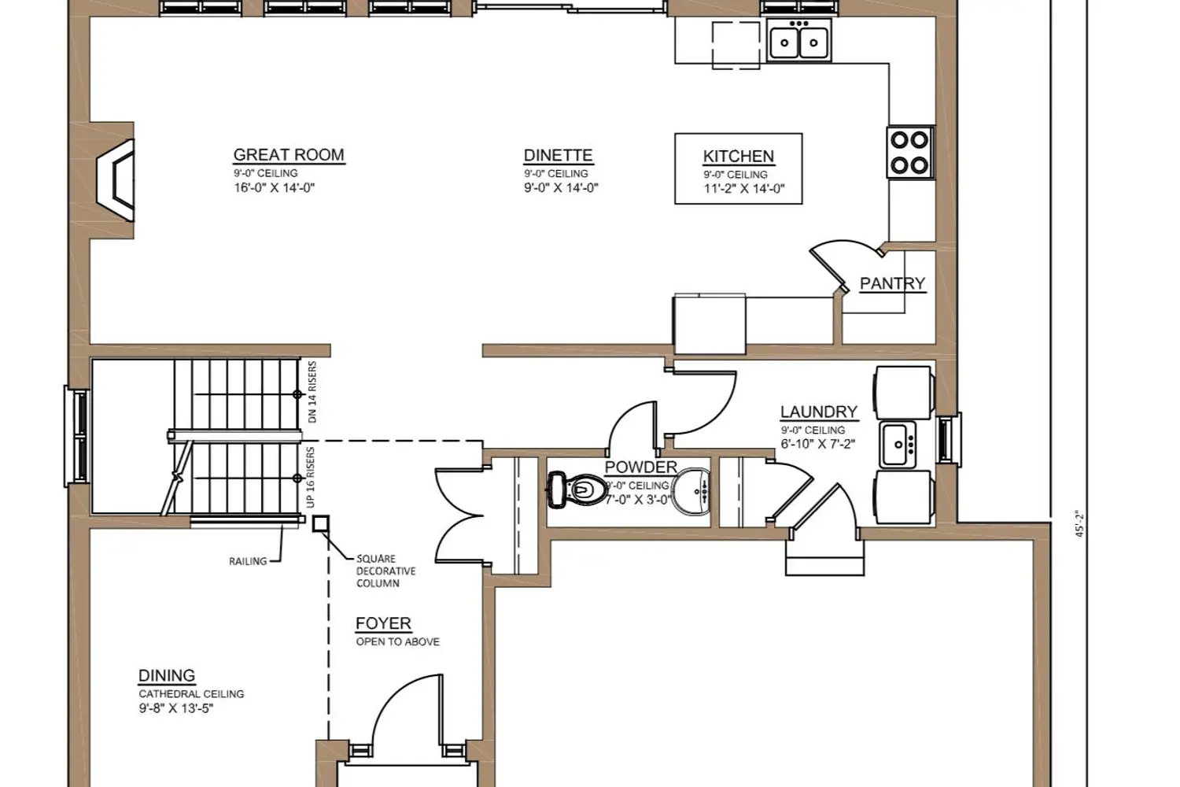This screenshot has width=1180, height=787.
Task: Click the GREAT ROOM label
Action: coord(289,155)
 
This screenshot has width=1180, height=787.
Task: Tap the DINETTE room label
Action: coord(558,156)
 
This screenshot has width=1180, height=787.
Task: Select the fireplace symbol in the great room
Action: coord(116,180)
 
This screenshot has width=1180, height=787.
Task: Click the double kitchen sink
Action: coord(798,40)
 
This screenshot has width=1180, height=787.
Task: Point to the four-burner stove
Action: coord(909,153)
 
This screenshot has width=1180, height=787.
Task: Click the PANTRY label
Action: coord(892,283)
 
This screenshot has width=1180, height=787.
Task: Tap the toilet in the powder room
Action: coord(577,490)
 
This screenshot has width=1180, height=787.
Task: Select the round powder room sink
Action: coord(691,491)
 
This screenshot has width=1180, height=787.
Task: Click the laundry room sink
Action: coord(898,444)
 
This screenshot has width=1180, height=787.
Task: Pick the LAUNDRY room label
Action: coord(819,412)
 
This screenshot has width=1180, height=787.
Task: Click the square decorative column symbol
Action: coord(320,524)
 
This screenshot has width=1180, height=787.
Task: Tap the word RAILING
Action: coord(248,562)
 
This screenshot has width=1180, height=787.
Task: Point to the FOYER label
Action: coord(383,623)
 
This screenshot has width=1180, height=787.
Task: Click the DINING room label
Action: coord(167,676)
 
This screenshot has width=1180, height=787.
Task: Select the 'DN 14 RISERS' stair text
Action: coord(312,392)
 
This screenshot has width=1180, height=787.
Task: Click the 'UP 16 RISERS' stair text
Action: coord(310,478)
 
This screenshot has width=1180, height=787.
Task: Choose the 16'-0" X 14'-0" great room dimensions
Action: coord(274,187)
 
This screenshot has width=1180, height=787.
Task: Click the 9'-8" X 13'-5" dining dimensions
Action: coord(176,708)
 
